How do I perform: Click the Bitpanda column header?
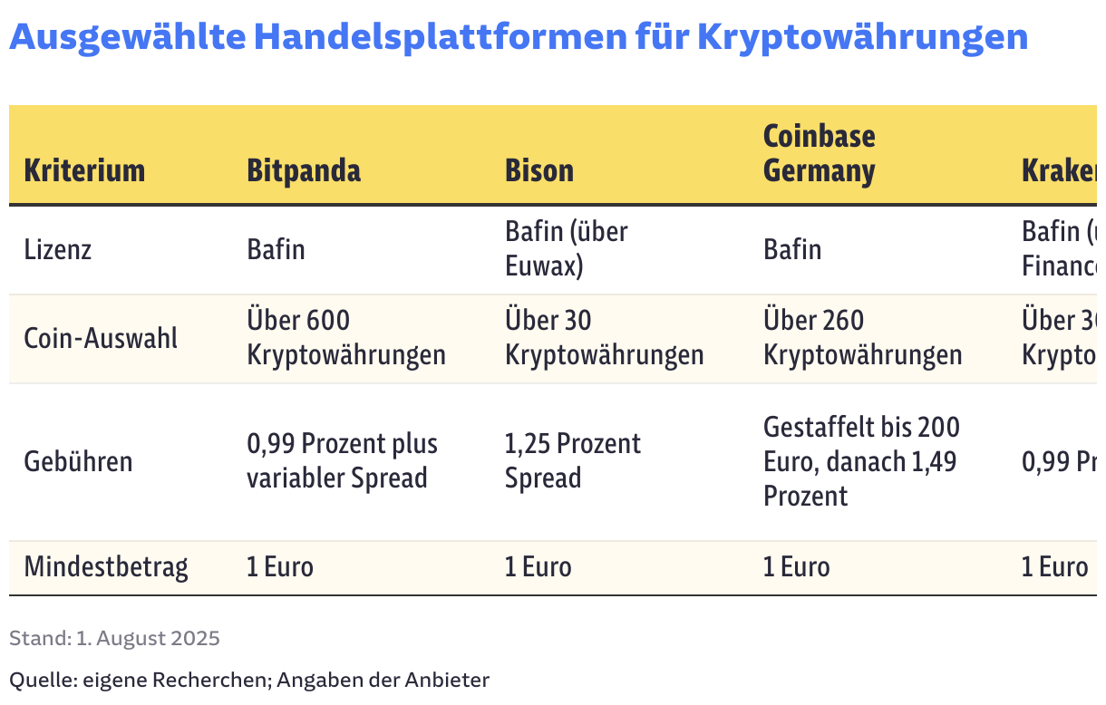tap(304, 170)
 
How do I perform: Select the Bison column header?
tap(539, 170)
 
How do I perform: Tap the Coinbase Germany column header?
tap(819, 153)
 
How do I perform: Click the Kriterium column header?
tap(84, 170)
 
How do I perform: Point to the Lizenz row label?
tap(58, 249)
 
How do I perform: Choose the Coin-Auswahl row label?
tap(101, 338)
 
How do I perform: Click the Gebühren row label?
tap(78, 461)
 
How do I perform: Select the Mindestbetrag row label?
tap(106, 567)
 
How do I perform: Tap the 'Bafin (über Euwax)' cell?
tap(566, 249)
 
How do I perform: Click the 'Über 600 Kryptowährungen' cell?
tap(345, 337)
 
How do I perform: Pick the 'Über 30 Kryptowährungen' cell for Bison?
tap(604, 337)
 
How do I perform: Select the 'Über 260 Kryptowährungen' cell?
tap(862, 337)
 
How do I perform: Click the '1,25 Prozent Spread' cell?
tap(572, 460)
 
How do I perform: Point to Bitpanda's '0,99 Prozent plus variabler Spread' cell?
tap(342, 460)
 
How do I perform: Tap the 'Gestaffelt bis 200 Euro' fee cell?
tap(860, 460)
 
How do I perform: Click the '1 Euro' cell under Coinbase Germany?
tap(796, 567)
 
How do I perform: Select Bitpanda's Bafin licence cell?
tap(276, 249)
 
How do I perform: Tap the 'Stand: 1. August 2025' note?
tap(114, 638)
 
